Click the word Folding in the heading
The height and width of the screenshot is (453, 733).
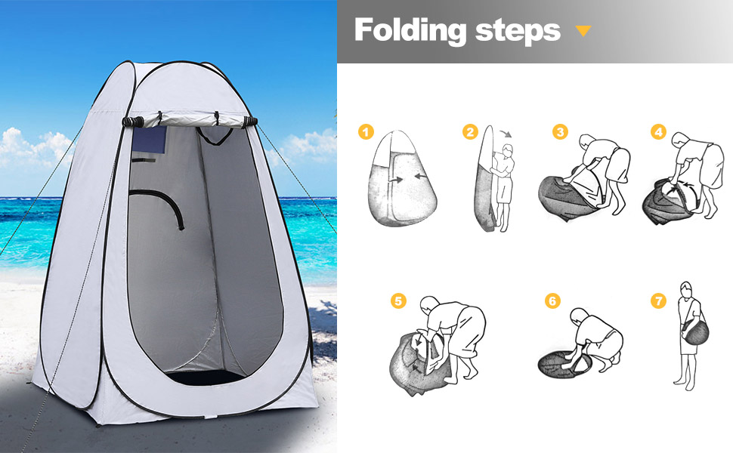(x=410, y=31)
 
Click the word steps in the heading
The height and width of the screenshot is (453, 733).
(x=518, y=31)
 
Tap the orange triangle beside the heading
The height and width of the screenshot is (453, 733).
(x=583, y=31)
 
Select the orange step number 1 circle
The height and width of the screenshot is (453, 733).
(x=366, y=131)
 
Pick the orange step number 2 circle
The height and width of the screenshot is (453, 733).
(x=470, y=131)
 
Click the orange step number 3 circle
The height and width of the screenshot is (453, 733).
(x=560, y=131)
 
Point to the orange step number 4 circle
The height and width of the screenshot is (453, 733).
(x=659, y=131)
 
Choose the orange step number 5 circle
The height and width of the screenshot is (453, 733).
(x=398, y=300)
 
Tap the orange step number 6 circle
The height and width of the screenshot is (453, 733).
(x=552, y=300)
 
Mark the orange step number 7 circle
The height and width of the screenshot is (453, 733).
(x=658, y=300)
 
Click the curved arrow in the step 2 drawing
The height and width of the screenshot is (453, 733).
(x=506, y=134)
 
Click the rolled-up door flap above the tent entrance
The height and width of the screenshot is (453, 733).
(x=190, y=119)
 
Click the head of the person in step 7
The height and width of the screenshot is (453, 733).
(x=686, y=288)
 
